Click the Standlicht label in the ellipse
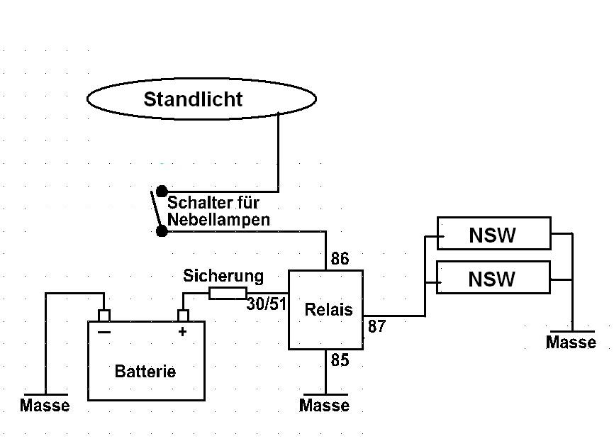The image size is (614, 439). tap(193, 99)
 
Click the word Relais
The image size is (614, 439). tap(328, 309)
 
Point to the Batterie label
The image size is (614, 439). tap(145, 371)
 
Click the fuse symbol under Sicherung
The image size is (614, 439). tap(228, 294)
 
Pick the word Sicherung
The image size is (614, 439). tap(223, 277)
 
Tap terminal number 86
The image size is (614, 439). tap(340, 259)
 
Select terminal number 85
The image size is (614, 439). tap(340, 360)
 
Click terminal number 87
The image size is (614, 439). tap(376, 326)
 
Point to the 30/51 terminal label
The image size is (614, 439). tap(267, 304)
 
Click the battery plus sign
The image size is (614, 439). tap(182, 332)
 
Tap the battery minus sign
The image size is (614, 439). tap(104, 333)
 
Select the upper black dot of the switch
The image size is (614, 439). tap(162, 191)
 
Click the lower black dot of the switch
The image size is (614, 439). tap(162, 231)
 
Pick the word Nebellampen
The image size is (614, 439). tap(218, 220)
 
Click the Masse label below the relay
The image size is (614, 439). tap(324, 406)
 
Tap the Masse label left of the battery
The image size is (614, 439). tap(45, 406)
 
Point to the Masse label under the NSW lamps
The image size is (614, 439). tap(571, 343)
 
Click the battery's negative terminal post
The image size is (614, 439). tap(104, 316)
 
